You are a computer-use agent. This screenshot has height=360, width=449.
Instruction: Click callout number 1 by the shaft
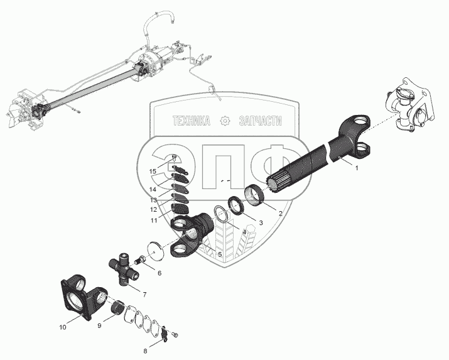click(357, 168)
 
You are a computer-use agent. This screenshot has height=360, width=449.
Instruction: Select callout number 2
click(280, 212)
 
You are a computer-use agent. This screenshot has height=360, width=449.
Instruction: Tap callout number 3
click(261, 222)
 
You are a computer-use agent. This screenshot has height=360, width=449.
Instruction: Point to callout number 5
click(220, 253)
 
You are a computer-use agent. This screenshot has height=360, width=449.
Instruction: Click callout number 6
click(159, 273)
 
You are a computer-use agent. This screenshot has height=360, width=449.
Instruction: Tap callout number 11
click(153, 221)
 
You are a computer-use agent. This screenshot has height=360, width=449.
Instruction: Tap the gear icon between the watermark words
click(224, 121)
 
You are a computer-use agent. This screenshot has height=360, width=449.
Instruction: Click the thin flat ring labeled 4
click(222, 214)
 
